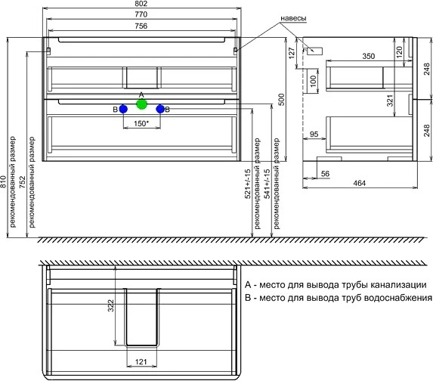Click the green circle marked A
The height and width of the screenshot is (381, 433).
141,104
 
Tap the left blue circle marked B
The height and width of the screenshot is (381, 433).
123,109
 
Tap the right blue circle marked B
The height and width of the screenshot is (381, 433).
160,109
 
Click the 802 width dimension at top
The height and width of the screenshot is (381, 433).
141,4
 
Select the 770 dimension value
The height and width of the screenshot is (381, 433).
141,14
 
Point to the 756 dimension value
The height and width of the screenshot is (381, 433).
141,26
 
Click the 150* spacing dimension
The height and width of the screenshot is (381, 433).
141,123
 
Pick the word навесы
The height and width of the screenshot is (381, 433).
293,18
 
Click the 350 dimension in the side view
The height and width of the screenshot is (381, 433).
368,56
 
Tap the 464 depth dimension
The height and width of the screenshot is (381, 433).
360,183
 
